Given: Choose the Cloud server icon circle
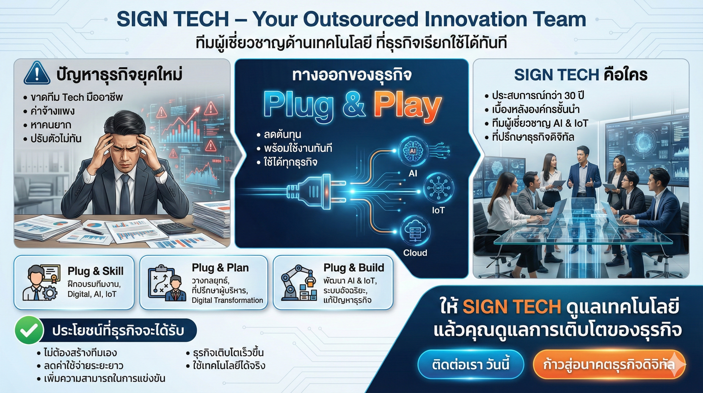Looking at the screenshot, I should pyautogui.click(x=415, y=230).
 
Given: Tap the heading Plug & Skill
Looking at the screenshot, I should pyautogui.click(x=96, y=271).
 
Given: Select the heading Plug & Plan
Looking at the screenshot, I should pyautogui.click(x=220, y=268).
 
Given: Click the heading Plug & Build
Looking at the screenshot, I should pyautogui.click(x=354, y=268).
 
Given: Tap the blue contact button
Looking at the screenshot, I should pyautogui.click(x=471, y=365).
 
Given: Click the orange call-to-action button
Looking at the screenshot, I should pyautogui.click(x=608, y=365).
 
